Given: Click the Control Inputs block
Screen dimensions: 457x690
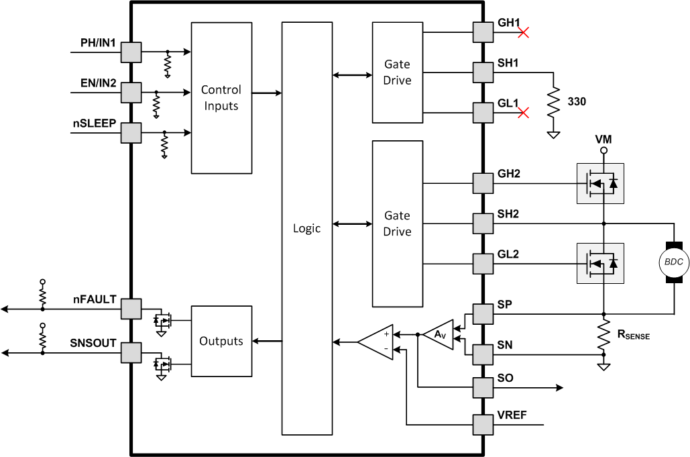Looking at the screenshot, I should [221, 98].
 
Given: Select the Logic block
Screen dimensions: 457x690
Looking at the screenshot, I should [306, 228].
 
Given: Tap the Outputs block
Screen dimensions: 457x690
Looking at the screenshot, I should [221, 341].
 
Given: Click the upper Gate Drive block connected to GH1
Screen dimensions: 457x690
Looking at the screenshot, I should [397, 72].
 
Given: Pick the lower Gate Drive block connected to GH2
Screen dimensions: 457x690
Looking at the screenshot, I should [397, 223].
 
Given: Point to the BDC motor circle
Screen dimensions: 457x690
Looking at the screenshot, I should [673, 262].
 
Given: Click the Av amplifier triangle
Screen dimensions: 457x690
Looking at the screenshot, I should [439, 334].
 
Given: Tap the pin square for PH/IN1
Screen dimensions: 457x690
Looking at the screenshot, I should [131, 52].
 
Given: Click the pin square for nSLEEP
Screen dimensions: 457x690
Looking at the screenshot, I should [131, 133].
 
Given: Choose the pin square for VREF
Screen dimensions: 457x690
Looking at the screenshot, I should [483, 425].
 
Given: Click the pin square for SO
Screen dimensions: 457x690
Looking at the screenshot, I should [483, 388].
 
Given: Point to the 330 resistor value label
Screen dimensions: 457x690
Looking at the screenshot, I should [577, 102].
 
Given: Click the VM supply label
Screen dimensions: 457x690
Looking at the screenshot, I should [603, 139].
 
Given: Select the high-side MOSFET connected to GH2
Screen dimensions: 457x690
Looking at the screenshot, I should [600, 183].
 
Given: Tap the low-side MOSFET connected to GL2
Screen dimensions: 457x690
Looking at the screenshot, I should [600, 263].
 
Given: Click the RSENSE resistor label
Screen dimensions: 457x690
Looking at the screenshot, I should [632, 334].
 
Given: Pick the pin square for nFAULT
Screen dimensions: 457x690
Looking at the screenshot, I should [131, 309].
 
